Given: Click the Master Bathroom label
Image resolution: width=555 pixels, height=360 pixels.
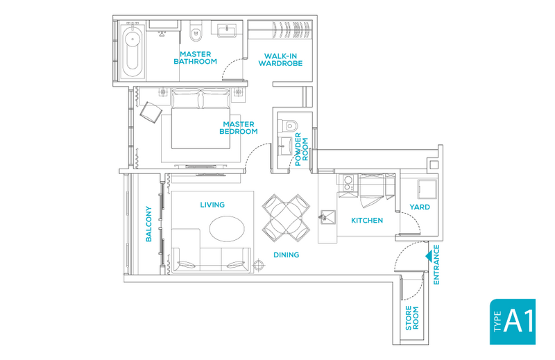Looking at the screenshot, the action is pos(195,58).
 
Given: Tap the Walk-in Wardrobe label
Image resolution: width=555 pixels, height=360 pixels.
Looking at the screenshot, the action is pos(280,60).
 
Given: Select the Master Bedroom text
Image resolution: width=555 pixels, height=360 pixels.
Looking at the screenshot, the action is pos(238,128).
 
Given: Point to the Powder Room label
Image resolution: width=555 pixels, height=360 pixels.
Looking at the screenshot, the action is pos(301,149).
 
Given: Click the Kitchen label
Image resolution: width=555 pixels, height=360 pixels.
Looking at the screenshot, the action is pos(367,220).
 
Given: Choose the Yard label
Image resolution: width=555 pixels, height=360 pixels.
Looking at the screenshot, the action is pos(420,207).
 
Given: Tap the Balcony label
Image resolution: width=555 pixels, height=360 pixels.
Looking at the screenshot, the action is pos(148,224).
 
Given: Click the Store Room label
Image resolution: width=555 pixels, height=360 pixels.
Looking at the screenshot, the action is pos(411,318).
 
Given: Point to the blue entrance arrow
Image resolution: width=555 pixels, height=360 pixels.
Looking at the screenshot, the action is pos(428,256).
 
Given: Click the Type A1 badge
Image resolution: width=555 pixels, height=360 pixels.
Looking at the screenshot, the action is pos(512,321).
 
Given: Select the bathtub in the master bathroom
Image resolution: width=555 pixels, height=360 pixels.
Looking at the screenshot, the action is pos(133,51).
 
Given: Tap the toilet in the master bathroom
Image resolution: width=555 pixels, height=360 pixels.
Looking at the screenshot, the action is pos(196,31).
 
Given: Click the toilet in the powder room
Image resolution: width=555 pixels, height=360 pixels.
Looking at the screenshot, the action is pos(289,125).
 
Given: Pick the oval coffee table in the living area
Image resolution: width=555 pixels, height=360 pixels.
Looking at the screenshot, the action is pos(227,229).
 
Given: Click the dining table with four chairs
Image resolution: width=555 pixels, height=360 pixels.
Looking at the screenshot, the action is pos(286,218).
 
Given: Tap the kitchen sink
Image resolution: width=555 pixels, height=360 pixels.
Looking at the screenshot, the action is pos(327,217).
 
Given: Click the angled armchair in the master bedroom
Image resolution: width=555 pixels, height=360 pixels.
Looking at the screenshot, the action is pos(151,112).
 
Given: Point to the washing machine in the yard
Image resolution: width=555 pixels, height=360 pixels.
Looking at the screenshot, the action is pos(427,189).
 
